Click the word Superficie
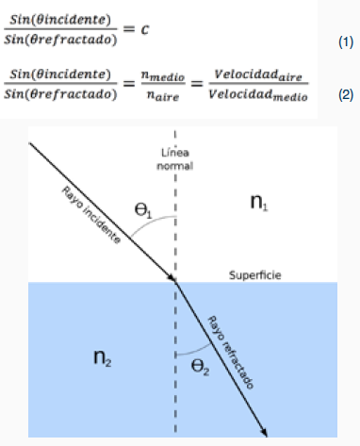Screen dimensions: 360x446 coord(255,275)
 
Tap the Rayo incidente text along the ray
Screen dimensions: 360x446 coord(92,216)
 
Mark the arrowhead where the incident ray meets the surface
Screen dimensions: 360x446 coord(173,278)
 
